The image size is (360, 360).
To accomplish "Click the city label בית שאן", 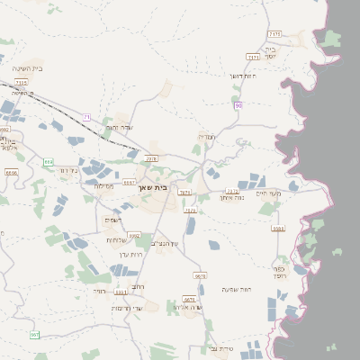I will pos(154,188).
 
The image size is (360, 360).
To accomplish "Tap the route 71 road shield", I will pos(86,117).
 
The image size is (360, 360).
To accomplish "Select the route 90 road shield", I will pos(238,106).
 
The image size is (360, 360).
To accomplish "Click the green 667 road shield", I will pos(34,335).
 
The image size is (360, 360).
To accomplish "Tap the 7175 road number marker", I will pos(274,33).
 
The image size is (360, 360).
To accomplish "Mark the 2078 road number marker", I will pos(151,158).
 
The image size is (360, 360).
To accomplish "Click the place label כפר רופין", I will pos(280,271).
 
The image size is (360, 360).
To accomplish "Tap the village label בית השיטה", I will pos(28,68).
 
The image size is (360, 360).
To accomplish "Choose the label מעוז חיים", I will pos(268,193).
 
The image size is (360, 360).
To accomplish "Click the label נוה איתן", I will pos(233,197).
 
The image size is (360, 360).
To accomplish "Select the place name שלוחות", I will pos(119,239).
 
